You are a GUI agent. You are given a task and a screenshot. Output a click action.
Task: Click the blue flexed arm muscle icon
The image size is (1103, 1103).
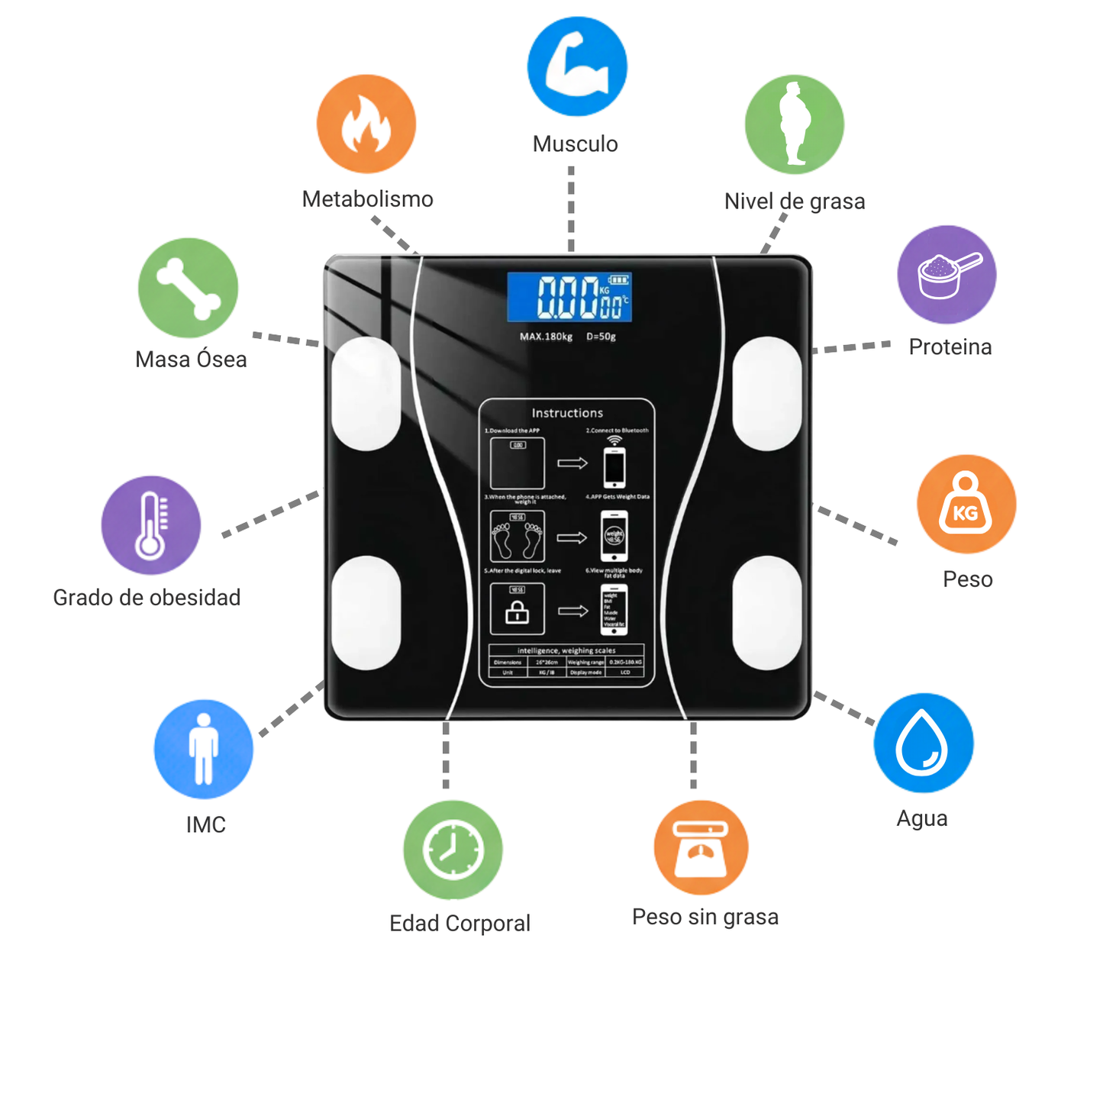[x=577, y=66]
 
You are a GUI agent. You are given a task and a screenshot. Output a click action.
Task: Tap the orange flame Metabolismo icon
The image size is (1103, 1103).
[x=366, y=124]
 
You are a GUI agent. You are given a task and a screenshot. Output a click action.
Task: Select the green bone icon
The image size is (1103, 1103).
[x=188, y=288]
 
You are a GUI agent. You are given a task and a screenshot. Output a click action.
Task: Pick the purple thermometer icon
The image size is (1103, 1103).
[x=151, y=525]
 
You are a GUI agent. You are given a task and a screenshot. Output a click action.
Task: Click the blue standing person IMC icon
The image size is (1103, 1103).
[x=204, y=749]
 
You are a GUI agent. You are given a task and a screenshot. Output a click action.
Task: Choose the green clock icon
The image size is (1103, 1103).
[x=453, y=850]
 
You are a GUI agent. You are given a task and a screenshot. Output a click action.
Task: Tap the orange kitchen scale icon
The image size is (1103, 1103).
[x=701, y=847]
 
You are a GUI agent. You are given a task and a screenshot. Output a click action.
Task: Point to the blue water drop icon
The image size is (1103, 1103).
[x=924, y=743]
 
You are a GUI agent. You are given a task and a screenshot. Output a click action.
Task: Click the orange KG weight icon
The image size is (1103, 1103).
[x=966, y=505]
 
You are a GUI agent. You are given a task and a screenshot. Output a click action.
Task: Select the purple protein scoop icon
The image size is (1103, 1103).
[x=947, y=275]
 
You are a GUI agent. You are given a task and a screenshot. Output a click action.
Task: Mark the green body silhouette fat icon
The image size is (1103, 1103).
[x=795, y=124]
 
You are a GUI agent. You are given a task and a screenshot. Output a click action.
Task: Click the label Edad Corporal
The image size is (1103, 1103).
[x=460, y=924]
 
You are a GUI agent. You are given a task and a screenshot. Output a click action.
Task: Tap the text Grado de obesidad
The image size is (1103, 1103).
[x=147, y=597]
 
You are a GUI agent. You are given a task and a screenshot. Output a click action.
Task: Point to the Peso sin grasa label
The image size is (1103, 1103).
[x=705, y=917]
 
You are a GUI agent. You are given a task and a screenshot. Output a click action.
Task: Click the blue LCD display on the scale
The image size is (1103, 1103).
[x=569, y=296]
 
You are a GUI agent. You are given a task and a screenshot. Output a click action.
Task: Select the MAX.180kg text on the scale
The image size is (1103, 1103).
[x=546, y=337]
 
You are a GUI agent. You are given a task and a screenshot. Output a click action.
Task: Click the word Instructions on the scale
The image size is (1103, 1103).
[x=567, y=413]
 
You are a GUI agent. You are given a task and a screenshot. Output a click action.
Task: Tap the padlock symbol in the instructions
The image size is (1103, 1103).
[x=518, y=611]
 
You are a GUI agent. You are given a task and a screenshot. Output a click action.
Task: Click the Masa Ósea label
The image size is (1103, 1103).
[x=191, y=360]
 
